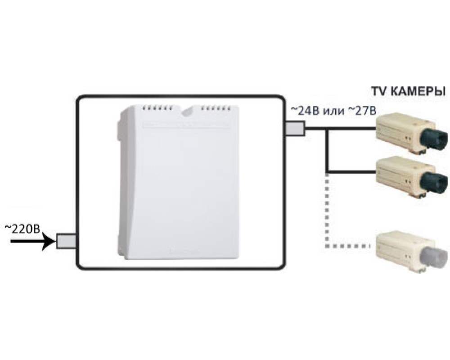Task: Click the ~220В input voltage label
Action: click(x=22, y=228)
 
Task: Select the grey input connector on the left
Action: click(x=65, y=242)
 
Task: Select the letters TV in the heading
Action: click(x=378, y=92)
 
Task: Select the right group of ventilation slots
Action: click(x=216, y=108)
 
